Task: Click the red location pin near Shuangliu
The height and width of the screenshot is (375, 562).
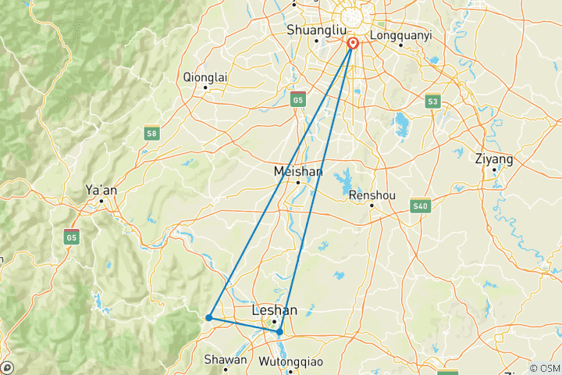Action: click(x=353, y=44)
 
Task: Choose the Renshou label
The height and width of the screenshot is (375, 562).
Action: click(x=372, y=195)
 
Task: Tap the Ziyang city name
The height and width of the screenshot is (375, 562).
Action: click(x=494, y=159)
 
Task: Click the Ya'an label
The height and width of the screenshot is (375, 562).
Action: click(x=101, y=189)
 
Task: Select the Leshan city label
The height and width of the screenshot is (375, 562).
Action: click(x=274, y=310)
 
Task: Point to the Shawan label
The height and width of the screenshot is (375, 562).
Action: click(x=225, y=360)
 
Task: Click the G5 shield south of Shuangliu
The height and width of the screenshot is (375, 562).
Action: click(x=297, y=99)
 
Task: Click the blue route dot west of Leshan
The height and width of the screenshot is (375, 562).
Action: click(x=208, y=317)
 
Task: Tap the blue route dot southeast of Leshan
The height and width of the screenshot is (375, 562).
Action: click(x=279, y=332)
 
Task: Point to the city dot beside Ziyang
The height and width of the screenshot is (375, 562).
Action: click(x=494, y=170)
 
